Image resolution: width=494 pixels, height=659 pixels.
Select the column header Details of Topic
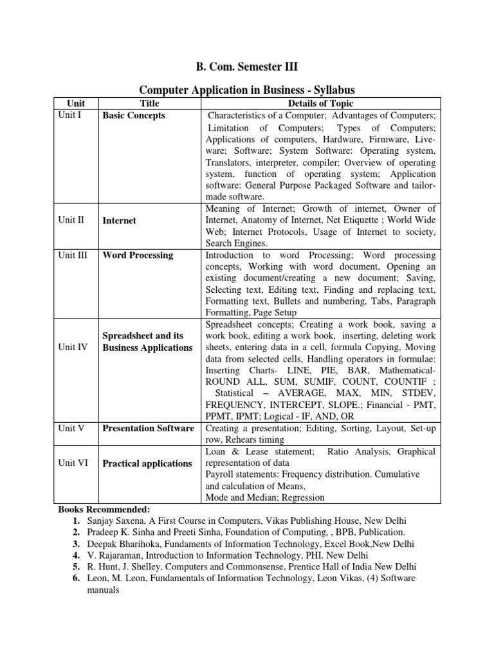click(x=322, y=104)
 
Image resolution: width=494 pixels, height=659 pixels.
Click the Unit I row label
click(x=71, y=116)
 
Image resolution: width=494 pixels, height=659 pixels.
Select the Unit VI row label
click(x=72, y=463)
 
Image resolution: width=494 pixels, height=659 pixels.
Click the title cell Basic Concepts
click(x=134, y=116)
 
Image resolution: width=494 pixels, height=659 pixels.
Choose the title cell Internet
click(x=120, y=220)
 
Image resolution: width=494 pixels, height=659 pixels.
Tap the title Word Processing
click(x=138, y=255)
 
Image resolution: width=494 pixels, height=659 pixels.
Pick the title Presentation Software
click(x=148, y=429)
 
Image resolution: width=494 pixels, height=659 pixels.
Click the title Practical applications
click(x=147, y=463)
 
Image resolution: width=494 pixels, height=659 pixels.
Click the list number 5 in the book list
click(x=76, y=567)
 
